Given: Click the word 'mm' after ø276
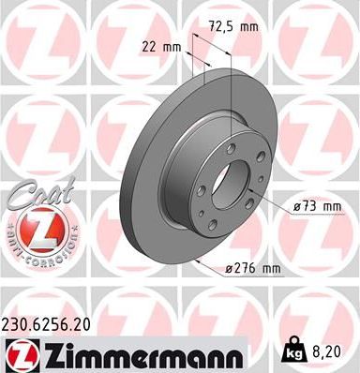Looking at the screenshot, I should pyautogui.click(x=271, y=270).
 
